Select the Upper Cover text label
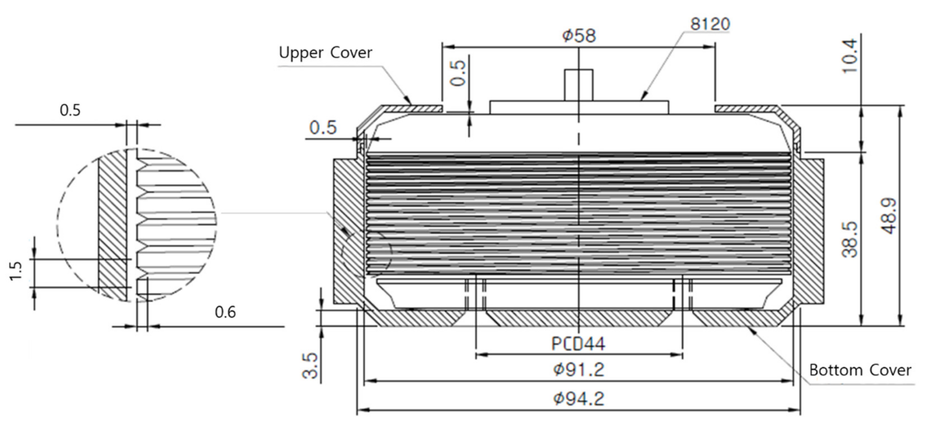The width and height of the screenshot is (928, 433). coord(325,53)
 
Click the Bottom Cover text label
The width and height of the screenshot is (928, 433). coord(860,370)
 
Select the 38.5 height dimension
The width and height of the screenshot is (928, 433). coord(850,240)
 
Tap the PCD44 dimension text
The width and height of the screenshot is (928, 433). coord(578,344)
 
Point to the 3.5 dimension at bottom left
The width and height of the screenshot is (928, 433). coord(310,366)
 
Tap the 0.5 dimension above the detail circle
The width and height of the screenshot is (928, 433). coord(70,110)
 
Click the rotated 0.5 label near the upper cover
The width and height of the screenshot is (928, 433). coord(458,73)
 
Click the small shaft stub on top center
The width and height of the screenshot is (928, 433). coord(578,85)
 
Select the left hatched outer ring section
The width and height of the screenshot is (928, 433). coord(346,231)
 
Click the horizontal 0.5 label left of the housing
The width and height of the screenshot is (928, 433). coord(323,128)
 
